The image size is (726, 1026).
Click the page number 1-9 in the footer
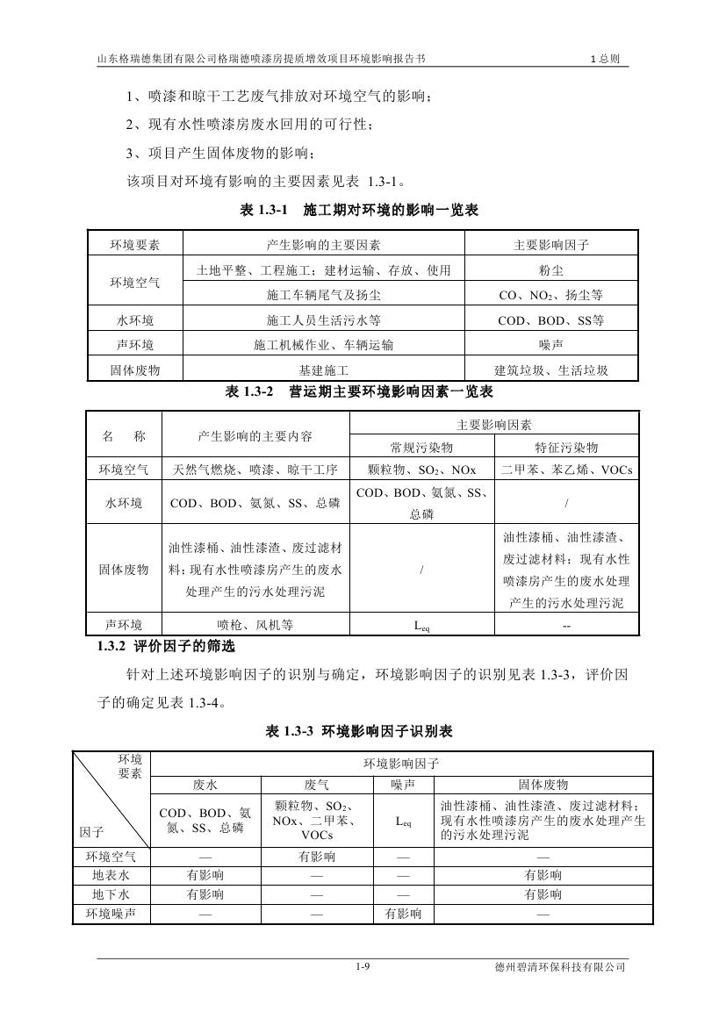click(363, 966)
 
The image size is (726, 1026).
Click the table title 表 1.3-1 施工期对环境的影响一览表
click(359, 211)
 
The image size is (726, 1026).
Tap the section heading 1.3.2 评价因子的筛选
click(166, 647)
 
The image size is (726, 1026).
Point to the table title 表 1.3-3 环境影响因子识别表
click(359, 730)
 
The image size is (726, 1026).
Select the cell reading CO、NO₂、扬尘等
click(550, 296)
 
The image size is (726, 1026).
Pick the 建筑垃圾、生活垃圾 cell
click(550, 370)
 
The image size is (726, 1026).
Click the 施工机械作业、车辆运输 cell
click(324, 345)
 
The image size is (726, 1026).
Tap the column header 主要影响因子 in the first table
click(550, 245)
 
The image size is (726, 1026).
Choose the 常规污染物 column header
click(421, 446)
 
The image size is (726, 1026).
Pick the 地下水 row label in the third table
click(111, 894)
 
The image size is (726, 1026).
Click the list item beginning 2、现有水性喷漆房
click(249, 125)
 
